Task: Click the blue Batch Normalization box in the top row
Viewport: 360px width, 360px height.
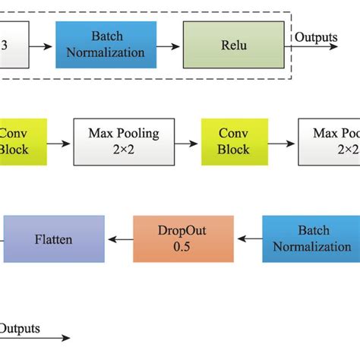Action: pyautogui.click(x=106, y=45)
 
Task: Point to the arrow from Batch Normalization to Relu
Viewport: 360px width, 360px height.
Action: pyautogui.click(x=169, y=46)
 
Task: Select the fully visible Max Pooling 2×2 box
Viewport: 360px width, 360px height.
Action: pyautogui.click(x=123, y=141)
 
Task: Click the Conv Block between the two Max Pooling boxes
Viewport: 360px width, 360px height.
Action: pyautogui.click(x=233, y=141)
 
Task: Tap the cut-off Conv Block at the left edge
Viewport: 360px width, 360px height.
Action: pyautogui.click(x=14, y=141)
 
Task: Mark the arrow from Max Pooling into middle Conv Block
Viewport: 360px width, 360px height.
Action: pyautogui.click(x=188, y=142)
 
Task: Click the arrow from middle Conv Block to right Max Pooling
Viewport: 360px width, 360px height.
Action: pyautogui.click(x=280, y=142)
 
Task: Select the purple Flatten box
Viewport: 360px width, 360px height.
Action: pyautogui.click(x=53, y=239)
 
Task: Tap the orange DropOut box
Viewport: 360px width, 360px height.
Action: pyautogui.click(x=183, y=238)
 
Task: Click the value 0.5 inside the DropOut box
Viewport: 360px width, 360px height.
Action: pyautogui.click(x=183, y=247)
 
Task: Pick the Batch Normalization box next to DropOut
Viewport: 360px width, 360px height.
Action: pyautogui.click(x=311, y=238)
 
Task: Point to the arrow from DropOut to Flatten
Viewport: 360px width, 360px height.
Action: pyautogui.click(x=118, y=239)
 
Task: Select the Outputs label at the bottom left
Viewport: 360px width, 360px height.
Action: pyautogui.click(x=20, y=329)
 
